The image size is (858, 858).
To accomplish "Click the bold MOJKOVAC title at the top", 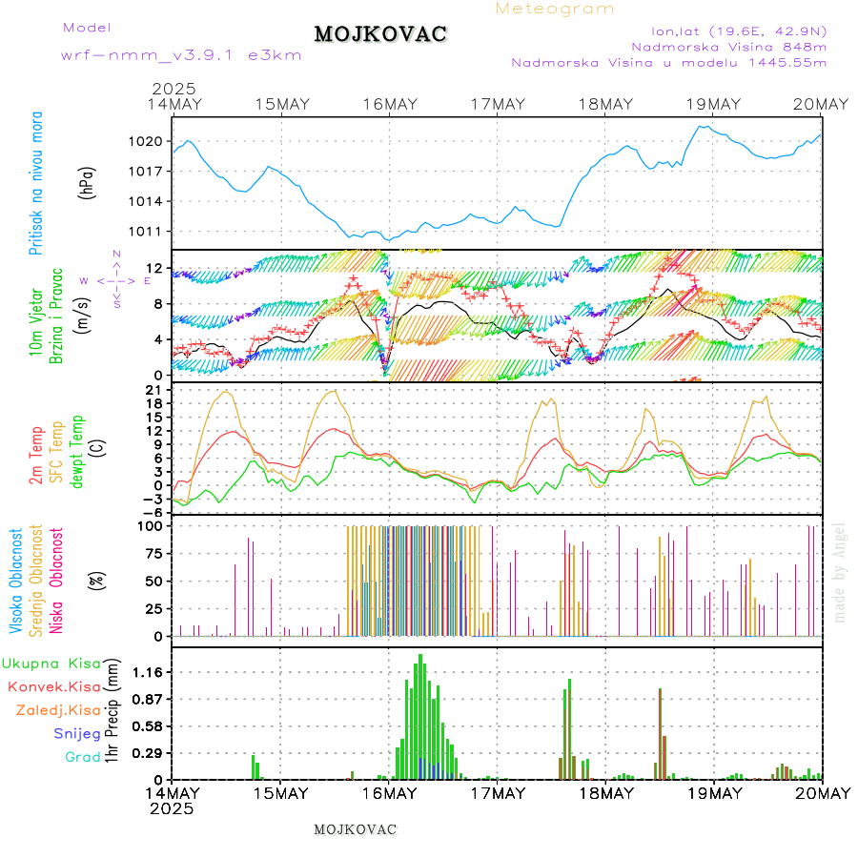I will [380, 34].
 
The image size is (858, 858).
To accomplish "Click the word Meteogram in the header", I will [555, 9].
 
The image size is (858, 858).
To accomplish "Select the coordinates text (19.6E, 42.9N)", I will [738, 31].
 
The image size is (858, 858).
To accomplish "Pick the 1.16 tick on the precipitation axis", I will [147, 672].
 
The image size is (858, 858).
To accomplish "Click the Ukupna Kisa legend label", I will [51, 663].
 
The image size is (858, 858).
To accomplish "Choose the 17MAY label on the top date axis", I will [498, 104].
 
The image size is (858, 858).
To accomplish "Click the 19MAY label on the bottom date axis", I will [714, 793].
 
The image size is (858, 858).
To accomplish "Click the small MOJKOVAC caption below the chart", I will [355, 829].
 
